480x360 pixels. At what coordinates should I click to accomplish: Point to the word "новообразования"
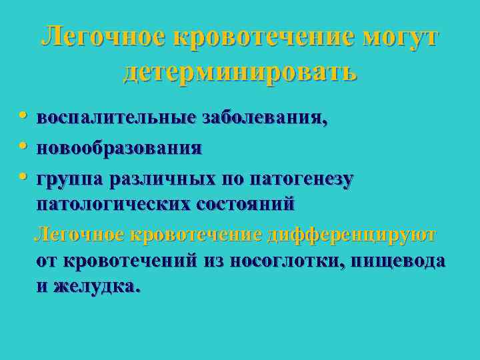[119, 148]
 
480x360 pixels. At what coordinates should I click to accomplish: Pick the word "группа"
[67, 178]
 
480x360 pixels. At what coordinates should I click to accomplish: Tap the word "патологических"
[113, 204]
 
